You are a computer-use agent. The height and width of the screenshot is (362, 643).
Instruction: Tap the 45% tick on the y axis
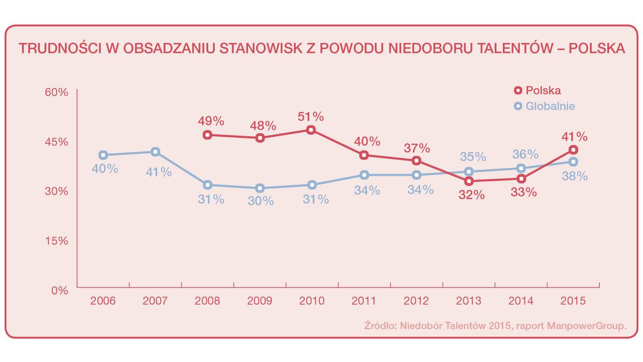(56, 142)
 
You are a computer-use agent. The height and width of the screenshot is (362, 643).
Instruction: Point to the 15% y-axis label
(56, 241)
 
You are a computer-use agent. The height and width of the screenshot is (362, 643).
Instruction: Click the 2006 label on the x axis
(103, 300)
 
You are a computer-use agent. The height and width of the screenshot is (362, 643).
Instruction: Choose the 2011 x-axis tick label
(364, 300)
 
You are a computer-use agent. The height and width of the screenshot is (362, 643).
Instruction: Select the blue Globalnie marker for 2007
(155, 152)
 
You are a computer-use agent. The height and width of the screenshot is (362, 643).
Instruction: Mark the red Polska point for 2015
(573, 150)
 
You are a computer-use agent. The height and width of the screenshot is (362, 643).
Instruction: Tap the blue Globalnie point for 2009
(260, 188)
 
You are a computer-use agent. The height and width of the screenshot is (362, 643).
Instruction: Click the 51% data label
(311, 116)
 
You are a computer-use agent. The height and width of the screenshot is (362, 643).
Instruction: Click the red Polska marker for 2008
(207, 135)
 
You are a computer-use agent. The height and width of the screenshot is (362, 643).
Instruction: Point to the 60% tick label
(56, 92)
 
